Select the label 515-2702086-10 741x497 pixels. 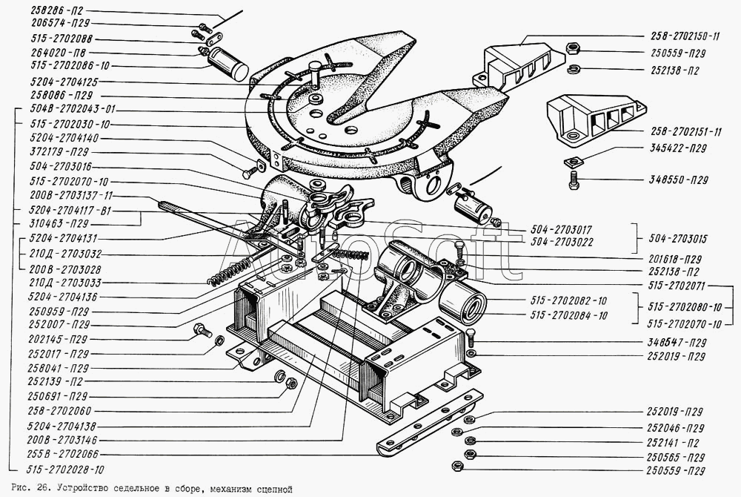click(x=70, y=66)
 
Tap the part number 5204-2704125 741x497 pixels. click(x=64, y=82)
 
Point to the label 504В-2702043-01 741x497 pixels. click(x=73, y=109)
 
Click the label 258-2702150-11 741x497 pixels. click(x=680, y=36)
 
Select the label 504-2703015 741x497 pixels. click(x=678, y=238)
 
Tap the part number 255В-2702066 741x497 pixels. click(x=63, y=455)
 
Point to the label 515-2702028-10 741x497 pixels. click(x=66, y=470)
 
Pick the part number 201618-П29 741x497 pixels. click(x=673, y=259)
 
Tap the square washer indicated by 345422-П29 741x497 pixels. click(x=574, y=162)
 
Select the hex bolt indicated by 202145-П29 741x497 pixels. click(x=202, y=330)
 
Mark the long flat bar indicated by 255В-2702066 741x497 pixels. click(x=430, y=421)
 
